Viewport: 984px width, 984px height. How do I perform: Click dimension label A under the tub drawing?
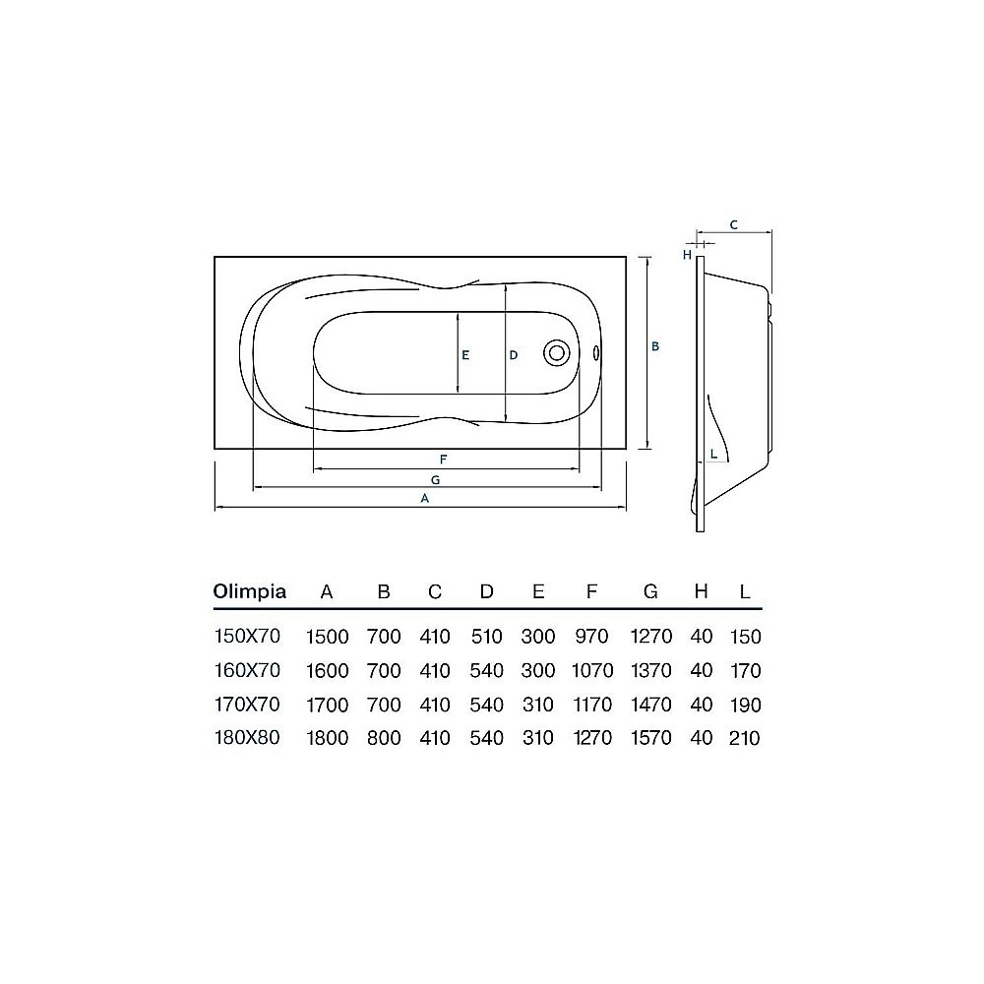coord(424,498)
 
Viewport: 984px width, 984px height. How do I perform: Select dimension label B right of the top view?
coord(655,346)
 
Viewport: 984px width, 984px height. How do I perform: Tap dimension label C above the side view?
coord(734,225)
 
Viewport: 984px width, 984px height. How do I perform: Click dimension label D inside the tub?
coord(513,355)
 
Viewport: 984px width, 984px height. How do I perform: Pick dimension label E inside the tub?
coord(466,355)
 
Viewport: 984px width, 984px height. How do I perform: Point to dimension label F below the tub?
coord(444,460)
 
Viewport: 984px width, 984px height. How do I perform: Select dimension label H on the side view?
coord(689,255)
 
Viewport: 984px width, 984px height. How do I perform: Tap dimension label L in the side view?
coord(712,454)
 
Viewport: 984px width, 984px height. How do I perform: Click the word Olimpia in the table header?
coord(250,592)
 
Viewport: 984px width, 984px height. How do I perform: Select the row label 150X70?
coord(247,637)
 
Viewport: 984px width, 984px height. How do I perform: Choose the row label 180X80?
coord(247,738)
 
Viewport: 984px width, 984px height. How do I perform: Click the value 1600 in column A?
coord(328,671)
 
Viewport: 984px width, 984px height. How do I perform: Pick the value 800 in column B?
coord(384,738)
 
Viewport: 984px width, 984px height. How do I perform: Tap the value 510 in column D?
coord(486,637)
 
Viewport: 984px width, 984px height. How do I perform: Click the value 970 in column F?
coord(591,637)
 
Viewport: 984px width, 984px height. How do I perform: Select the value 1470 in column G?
coord(650,705)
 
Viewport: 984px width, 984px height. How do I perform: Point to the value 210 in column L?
coord(745,738)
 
